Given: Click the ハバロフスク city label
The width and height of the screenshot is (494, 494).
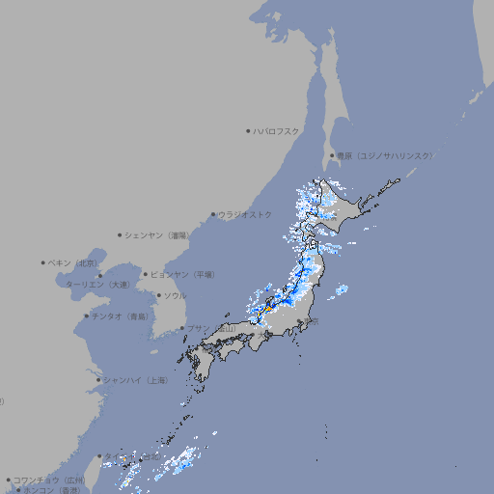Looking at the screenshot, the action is point(277,130).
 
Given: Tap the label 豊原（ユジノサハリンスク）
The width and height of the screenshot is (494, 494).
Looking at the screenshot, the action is point(384,155).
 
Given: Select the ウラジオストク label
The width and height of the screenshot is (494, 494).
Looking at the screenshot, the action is point(245,214).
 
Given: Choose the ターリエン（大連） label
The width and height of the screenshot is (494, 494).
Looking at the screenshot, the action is point(96,285).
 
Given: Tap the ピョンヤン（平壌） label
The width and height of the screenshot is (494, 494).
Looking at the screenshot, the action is point(182,274).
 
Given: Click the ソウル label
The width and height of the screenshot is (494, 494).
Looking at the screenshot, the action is point(174,295).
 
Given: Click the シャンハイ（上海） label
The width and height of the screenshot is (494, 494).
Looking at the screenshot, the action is point(135,380).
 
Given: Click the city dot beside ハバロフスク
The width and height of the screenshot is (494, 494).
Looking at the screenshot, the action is point(248,130).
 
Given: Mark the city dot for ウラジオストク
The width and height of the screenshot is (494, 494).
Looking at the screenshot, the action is point(213,215).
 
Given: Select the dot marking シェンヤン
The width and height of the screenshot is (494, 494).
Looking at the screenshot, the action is point(121,234).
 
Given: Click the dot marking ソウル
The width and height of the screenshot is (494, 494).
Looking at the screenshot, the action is point(156,295).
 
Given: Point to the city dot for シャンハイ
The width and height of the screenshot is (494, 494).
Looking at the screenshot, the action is point(98,380).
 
